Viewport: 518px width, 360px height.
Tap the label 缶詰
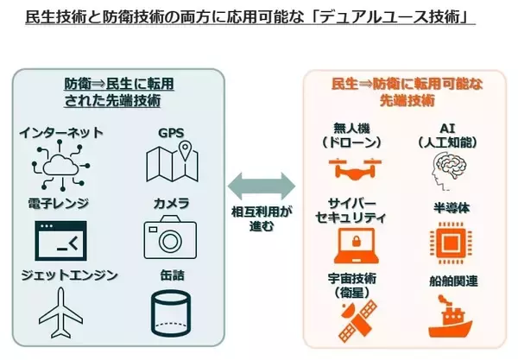pos(171,276)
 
